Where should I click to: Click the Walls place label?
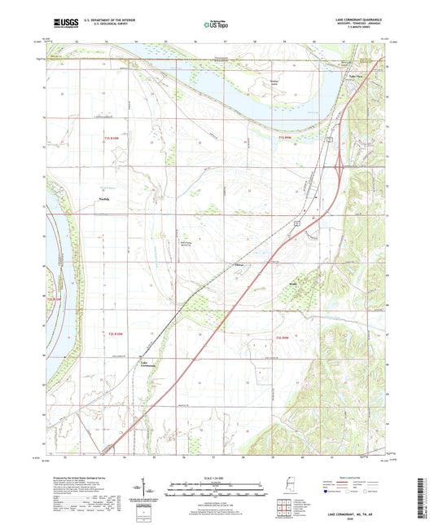[x=293, y=285]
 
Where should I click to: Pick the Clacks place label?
[x=239, y=265]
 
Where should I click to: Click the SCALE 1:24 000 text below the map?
[x=217, y=478]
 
